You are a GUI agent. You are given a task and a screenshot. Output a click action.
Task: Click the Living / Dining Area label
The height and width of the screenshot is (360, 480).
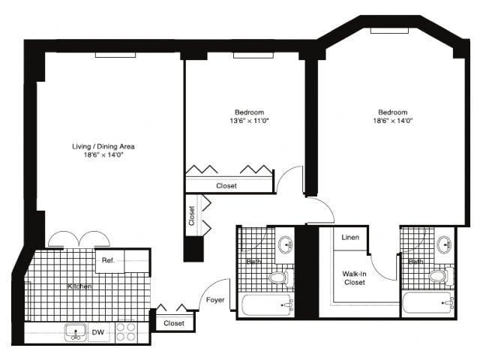point(103,146)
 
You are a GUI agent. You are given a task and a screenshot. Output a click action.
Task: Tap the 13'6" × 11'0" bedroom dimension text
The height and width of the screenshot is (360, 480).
point(249,121)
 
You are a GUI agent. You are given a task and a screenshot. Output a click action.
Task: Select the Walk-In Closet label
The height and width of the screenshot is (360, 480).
point(355,278)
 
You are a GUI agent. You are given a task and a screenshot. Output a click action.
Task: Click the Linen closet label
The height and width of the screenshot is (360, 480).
point(350,237)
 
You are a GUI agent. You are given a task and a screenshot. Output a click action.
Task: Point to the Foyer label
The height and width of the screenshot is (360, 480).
point(215,300)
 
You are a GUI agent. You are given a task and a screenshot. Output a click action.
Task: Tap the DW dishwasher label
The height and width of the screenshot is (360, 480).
point(98,332)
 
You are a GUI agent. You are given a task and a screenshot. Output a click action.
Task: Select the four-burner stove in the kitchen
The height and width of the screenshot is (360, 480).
point(126,331)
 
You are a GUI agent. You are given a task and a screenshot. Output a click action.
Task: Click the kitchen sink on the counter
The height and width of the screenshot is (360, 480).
point(76,332)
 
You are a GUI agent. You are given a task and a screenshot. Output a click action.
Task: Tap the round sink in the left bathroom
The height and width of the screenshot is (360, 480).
point(286,244)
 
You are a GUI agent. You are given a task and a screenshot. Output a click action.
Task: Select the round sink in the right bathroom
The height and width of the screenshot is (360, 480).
point(445,244)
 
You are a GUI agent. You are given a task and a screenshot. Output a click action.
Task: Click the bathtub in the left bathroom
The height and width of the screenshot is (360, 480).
point(267,305)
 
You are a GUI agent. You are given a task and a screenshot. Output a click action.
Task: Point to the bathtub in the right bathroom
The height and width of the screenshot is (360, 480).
point(428,303)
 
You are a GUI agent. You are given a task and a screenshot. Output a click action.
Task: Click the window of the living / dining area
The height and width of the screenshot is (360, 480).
point(115,55)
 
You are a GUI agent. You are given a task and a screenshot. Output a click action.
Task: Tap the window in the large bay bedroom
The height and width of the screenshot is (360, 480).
point(389,31)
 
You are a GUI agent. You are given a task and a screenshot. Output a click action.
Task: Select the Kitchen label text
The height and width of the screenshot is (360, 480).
point(79,286)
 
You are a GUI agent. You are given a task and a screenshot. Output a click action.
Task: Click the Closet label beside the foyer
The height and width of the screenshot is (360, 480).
point(174,323)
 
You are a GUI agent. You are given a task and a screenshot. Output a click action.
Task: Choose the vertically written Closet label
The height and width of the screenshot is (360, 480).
point(192,216)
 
